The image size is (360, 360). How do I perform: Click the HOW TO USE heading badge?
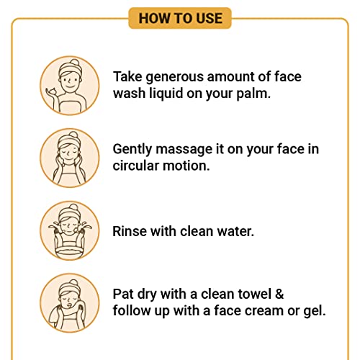click(x=180, y=18)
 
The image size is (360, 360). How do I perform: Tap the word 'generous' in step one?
click(x=175, y=78)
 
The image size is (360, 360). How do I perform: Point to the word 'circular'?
click(x=136, y=166)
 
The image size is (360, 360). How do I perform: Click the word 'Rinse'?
click(x=130, y=231)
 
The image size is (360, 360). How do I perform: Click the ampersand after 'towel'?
click(x=279, y=294)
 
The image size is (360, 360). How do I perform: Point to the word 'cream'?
click(x=264, y=311)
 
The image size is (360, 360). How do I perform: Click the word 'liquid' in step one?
click(x=166, y=93)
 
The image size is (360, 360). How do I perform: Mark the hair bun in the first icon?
click(x=75, y=63)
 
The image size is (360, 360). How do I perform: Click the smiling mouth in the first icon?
click(x=70, y=86)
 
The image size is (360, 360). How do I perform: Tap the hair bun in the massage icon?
click(x=73, y=135)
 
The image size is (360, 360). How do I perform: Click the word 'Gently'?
click(x=132, y=150)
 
